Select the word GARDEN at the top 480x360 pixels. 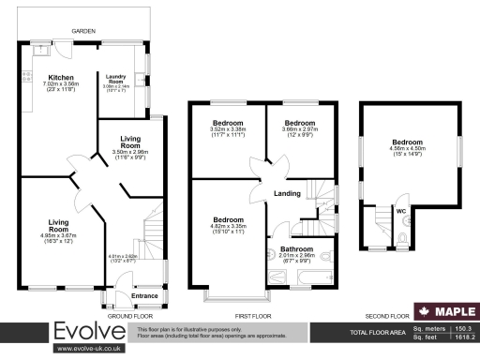[85, 32]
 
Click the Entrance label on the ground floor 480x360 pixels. [145, 295]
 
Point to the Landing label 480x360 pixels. [287, 193]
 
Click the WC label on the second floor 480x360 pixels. [400, 210]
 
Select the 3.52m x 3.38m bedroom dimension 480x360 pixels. [228, 131]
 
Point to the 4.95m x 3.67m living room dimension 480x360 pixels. [59, 234]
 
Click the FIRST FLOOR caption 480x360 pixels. [253, 316]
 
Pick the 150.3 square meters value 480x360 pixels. [461, 329]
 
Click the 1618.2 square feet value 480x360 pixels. [461, 337]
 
